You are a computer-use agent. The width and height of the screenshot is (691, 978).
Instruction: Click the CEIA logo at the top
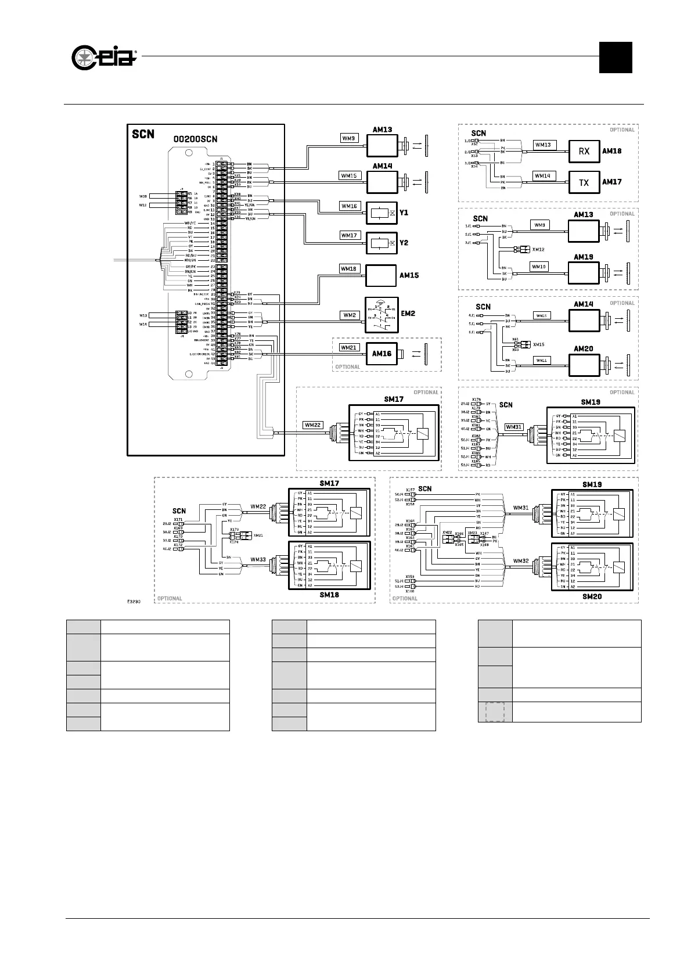[104, 57]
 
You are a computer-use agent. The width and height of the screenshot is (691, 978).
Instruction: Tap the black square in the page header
[615, 57]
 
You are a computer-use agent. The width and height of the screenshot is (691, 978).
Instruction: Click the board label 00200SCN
[196, 139]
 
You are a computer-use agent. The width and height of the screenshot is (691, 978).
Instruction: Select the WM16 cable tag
[350, 206]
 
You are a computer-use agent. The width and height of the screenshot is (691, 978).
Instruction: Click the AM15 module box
[380, 276]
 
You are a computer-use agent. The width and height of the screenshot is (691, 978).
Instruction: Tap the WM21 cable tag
[349, 347]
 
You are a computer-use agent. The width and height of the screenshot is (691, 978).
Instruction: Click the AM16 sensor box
[382, 353]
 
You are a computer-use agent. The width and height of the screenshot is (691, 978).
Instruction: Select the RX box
[584, 151]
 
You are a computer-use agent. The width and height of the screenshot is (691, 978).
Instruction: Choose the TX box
[584, 182]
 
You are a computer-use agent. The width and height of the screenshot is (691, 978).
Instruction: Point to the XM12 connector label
[538, 249]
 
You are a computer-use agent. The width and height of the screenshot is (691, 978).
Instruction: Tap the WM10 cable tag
[539, 267]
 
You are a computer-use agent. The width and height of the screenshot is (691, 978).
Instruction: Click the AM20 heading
[583, 349]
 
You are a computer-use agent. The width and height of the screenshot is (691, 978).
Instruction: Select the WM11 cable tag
[541, 361]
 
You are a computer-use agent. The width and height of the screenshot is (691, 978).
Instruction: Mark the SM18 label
[329, 595]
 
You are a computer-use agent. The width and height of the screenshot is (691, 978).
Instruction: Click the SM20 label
[592, 596]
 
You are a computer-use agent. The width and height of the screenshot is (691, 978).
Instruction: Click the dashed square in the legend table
[495, 712]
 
